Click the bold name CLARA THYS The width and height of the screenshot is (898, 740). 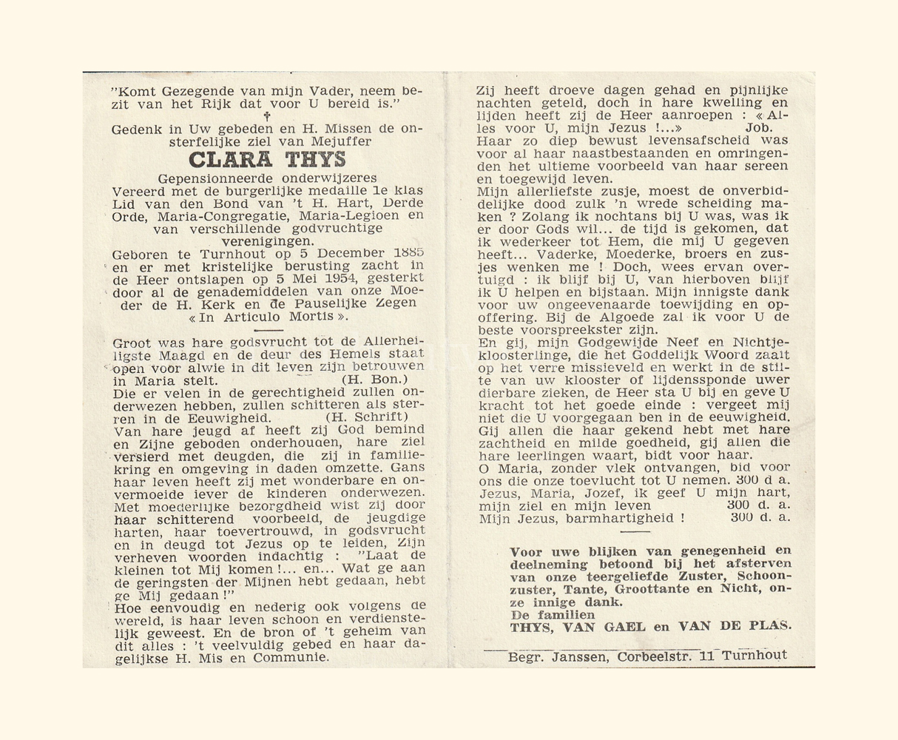(x=267, y=160)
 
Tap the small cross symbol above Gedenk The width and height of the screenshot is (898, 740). (x=267, y=116)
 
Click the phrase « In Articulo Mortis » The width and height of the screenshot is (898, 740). (x=267, y=316)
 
